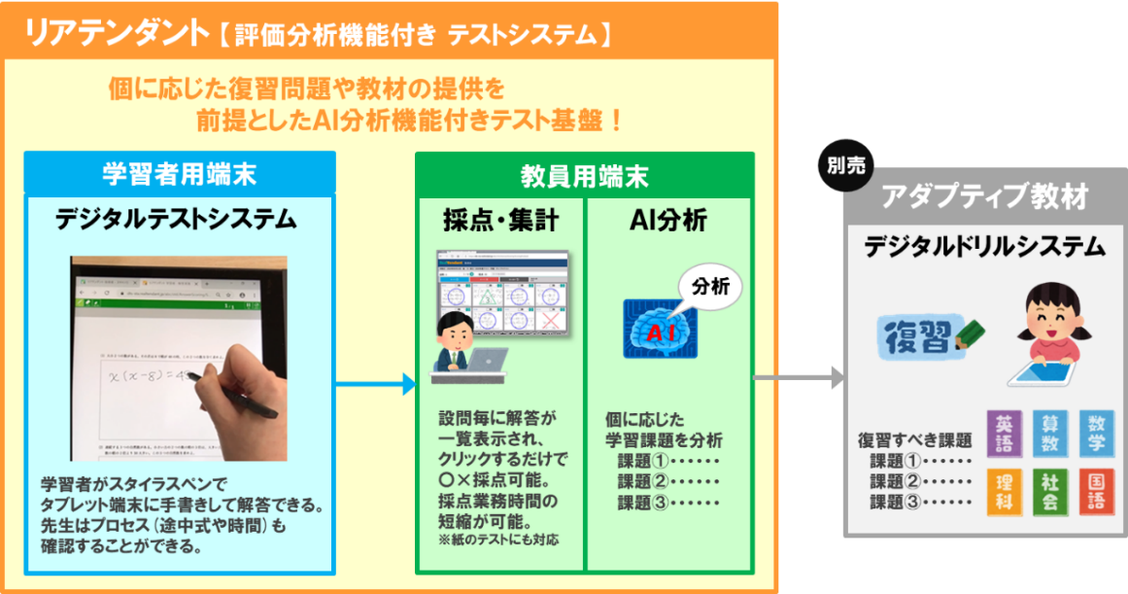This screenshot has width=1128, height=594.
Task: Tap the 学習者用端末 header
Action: click(x=180, y=173)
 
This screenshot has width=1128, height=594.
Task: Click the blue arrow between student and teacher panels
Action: click(x=375, y=385)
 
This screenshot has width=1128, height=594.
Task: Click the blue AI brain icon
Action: click(x=661, y=330)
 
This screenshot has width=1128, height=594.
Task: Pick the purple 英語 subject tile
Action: click(x=1005, y=434)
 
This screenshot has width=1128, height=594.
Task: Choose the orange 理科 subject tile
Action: click(x=1005, y=492)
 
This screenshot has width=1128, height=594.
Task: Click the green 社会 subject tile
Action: click(x=1050, y=492)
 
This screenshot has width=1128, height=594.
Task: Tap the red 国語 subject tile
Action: click(x=1096, y=492)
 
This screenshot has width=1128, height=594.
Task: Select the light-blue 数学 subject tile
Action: click(x=1096, y=434)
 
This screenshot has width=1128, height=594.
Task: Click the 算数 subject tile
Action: click(x=1050, y=434)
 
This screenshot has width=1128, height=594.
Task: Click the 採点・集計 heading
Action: click(x=500, y=222)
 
